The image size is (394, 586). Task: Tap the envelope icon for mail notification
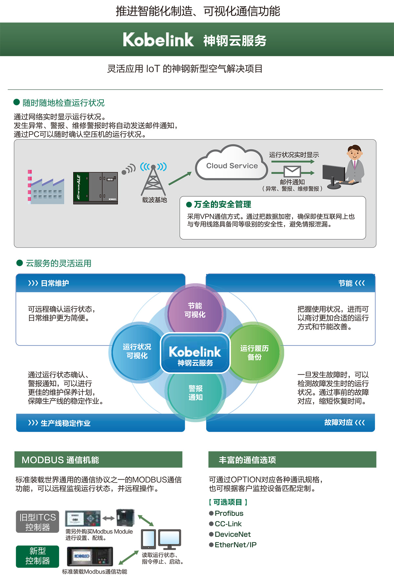[292, 171]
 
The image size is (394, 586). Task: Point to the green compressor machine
[95, 188]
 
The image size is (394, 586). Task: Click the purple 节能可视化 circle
[195, 310]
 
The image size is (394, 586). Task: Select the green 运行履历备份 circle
[254, 353]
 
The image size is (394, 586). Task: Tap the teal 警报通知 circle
[195, 393]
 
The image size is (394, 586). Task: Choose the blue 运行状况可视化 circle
[137, 351]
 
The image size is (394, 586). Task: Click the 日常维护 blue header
[55, 283]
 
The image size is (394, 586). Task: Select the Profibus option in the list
[229, 513]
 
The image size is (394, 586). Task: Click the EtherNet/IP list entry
[235, 545]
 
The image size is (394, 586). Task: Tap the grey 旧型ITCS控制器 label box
[37, 522]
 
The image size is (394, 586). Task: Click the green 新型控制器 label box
[37, 556]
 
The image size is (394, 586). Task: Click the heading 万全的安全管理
[222, 205]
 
